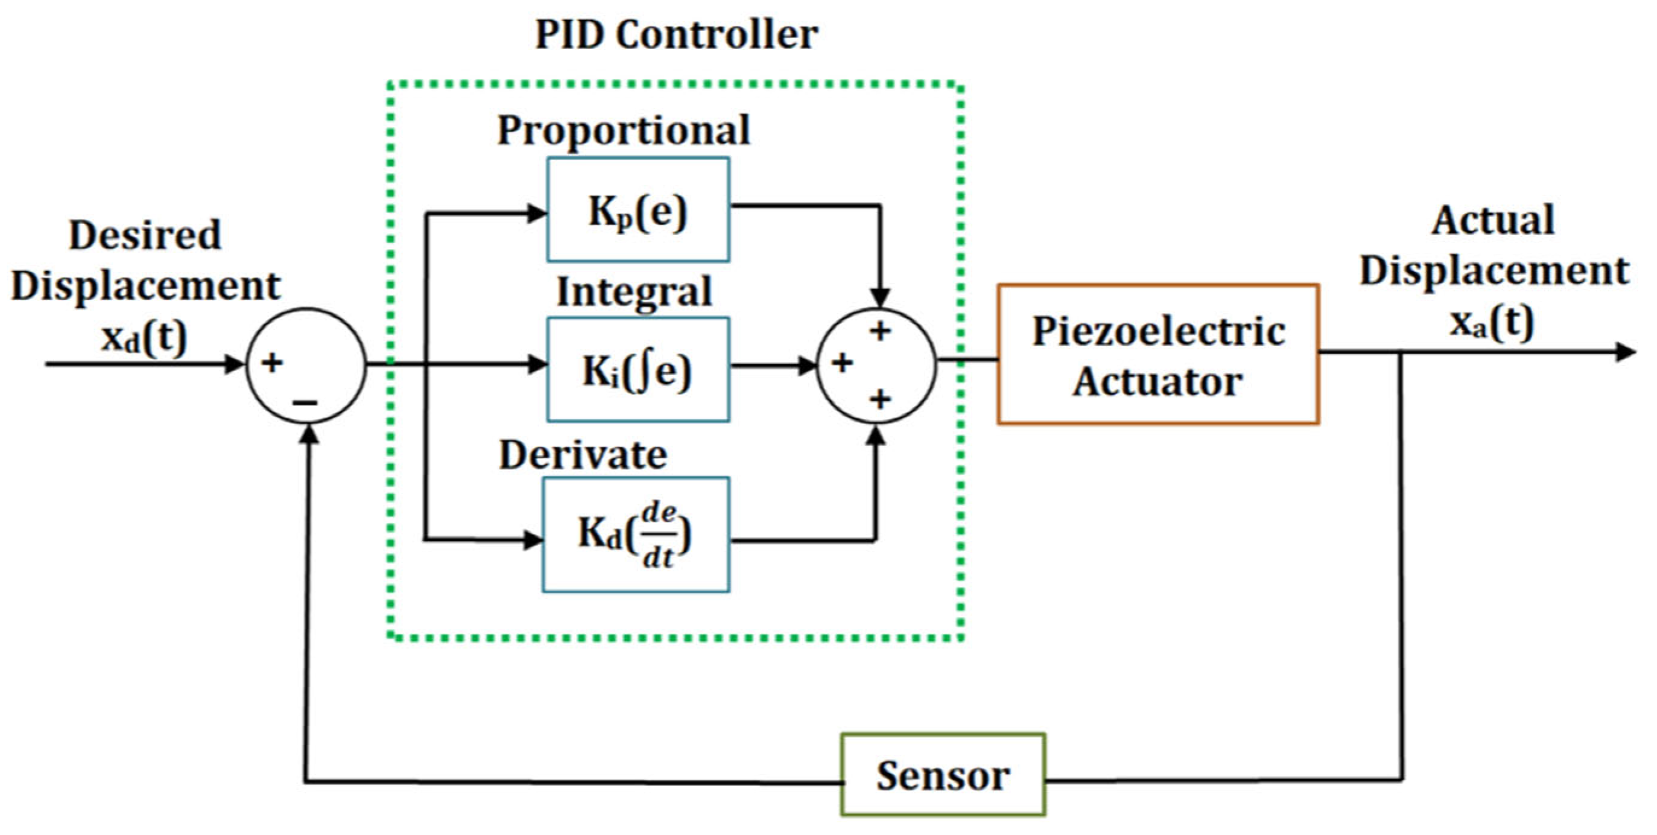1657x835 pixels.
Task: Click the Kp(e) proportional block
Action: point(638,211)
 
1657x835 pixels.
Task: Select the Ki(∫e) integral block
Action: point(638,370)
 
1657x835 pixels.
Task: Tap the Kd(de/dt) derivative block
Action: point(636,535)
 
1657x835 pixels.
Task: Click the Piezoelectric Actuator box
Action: point(1158,355)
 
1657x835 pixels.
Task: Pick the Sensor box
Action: point(942,775)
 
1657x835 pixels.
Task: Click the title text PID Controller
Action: point(676,35)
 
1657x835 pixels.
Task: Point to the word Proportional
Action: point(623,130)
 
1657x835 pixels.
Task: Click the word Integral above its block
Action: point(633,292)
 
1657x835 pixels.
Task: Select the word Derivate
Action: point(583,456)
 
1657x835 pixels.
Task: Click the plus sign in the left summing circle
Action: point(271,362)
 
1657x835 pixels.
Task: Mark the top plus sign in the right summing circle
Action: point(880,331)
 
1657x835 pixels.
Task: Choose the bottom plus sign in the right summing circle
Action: point(880,399)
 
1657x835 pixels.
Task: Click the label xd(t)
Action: point(144,337)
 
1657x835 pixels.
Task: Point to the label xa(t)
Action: point(1492,322)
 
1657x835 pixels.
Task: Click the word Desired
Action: point(145,235)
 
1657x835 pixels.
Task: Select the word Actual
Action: point(1493,221)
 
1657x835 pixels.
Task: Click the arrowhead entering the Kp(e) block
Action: point(536,213)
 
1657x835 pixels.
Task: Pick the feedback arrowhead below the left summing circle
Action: point(310,434)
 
